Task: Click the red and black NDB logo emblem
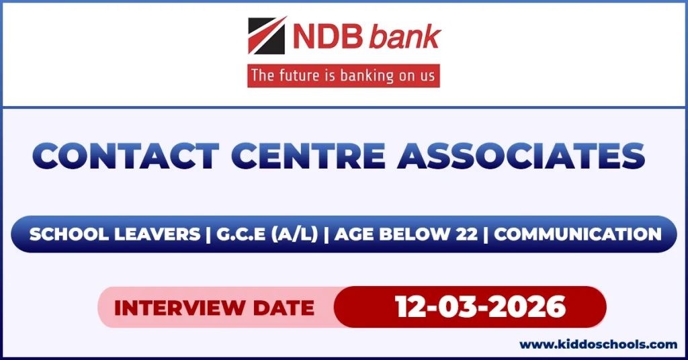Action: click(x=267, y=36)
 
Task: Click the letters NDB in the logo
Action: click(x=328, y=36)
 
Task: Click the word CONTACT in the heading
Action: click(x=126, y=156)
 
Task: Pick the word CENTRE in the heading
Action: click(x=308, y=156)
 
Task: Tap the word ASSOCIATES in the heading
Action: click(x=521, y=156)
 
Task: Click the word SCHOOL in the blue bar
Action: click(x=69, y=234)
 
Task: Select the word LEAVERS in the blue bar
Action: click(x=157, y=234)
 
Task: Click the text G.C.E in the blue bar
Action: click(x=241, y=234)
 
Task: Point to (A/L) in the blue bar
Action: click(x=294, y=234)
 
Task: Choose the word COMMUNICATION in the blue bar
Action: click(x=578, y=234)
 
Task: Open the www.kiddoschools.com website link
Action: click(x=598, y=345)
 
